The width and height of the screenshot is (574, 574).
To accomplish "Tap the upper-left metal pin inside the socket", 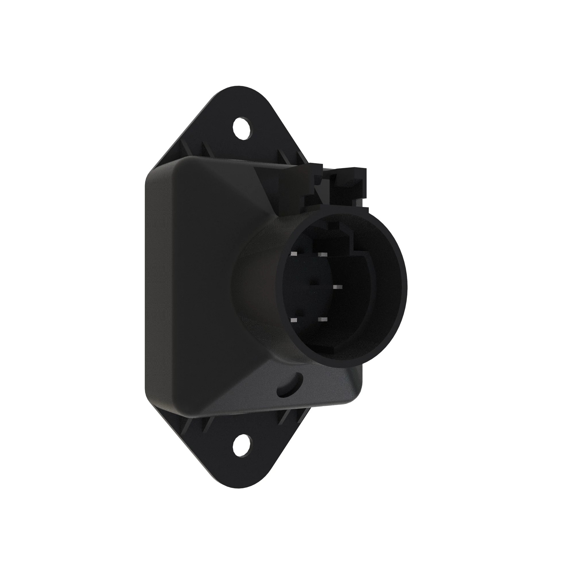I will (294, 254).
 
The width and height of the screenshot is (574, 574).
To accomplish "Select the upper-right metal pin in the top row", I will (322, 255).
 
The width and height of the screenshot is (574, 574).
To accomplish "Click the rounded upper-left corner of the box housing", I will (153, 172).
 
